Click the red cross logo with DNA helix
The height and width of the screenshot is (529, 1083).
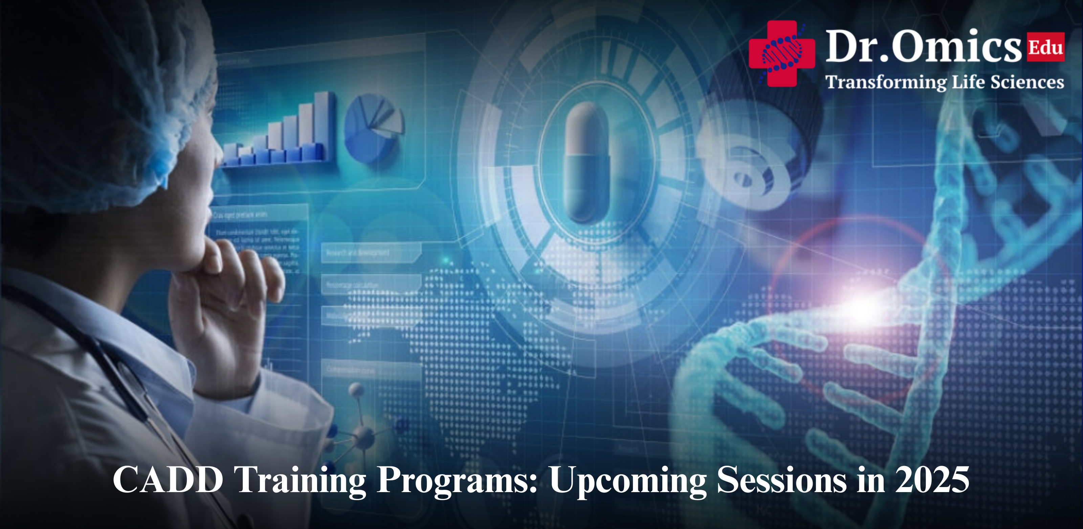tap(781, 54)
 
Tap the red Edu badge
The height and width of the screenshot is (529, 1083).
tap(1045, 47)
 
